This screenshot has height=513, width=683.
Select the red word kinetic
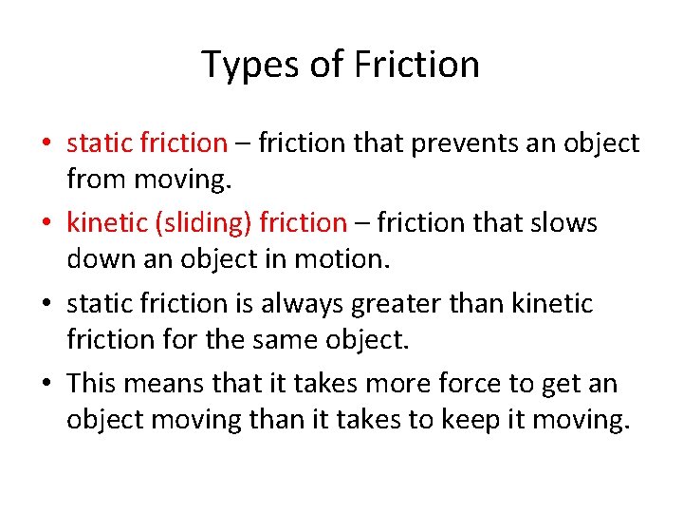(99, 223)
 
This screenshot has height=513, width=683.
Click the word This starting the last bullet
(91, 384)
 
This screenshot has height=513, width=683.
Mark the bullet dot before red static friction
(46, 144)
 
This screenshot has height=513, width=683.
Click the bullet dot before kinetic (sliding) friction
(46, 224)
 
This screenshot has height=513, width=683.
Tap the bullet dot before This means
(46, 385)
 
